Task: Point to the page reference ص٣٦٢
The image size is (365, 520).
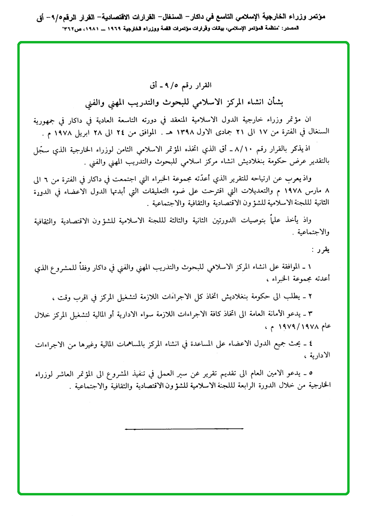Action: [x=71, y=29]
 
